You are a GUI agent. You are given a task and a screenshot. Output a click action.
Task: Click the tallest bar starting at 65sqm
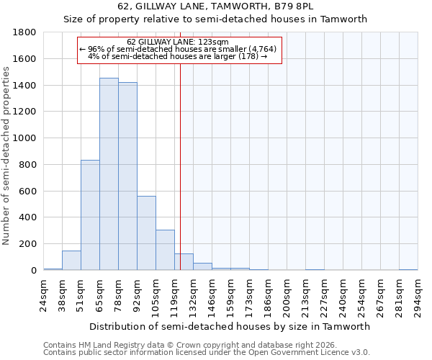pyautogui.click(x=109, y=174)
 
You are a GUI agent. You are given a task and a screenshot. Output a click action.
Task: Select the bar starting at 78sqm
pyautogui.click(x=127, y=176)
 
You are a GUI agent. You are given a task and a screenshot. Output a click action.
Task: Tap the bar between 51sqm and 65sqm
pyautogui.click(x=90, y=215)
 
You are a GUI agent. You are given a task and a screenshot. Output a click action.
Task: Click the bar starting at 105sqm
pyautogui.click(x=165, y=250)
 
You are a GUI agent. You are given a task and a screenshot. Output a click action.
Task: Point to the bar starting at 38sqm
pyautogui.click(x=71, y=261)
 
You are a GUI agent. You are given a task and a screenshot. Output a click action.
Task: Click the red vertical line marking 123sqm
pyautogui.click(x=180, y=166)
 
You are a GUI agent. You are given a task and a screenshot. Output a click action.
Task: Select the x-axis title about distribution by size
pyautogui.click(x=230, y=326)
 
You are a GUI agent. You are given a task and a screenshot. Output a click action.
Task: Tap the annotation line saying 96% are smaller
pyautogui.click(x=177, y=48)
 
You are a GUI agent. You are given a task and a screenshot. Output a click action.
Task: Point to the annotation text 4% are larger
pyautogui.click(x=177, y=55)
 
